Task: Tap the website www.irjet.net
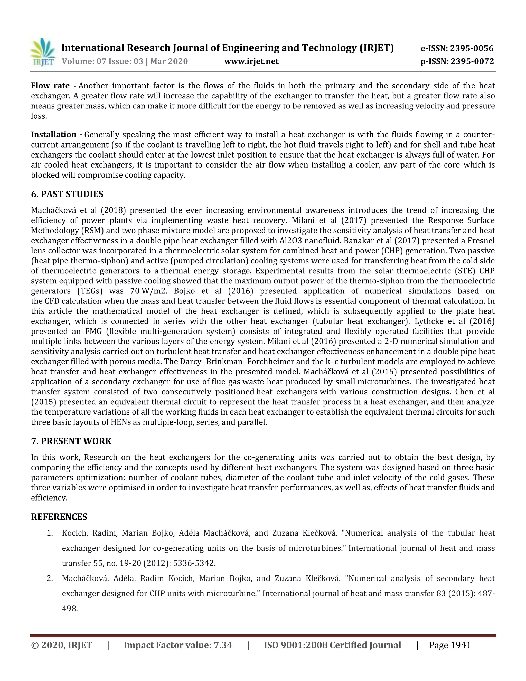pyautogui.click(x=251, y=61)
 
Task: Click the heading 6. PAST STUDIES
pyautogui.click(x=67, y=194)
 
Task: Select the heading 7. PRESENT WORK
pyautogui.click(x=71, y=441)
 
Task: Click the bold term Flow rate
pyautogui.click(x=50, y=86)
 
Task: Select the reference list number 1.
pyautogui.click(x=50, y=533)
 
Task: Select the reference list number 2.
pyautogui.click(x=50, y=579)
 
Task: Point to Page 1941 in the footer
pyautogui.click(x=450, y=645)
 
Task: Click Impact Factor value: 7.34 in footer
pyautogui.click(x=178, y=645)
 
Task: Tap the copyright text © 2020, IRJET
pyautogui.click(x=62, y=645)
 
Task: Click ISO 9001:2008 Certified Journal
pyautogui.click(x=333, y=645)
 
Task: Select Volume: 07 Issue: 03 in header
pyautogui.click(x=102, y=61)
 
